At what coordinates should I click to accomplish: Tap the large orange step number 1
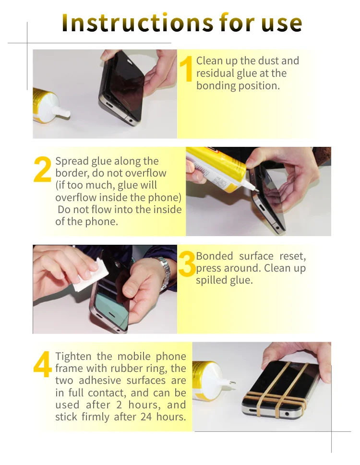coord(187,70)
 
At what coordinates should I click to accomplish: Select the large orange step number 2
coord(43,170)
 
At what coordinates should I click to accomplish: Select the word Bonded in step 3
coord(215,256)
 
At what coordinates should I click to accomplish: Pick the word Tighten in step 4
coord(73,357)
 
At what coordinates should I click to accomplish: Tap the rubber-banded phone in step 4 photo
coord(278,389)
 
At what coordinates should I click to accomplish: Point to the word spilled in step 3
coord(211,281)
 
